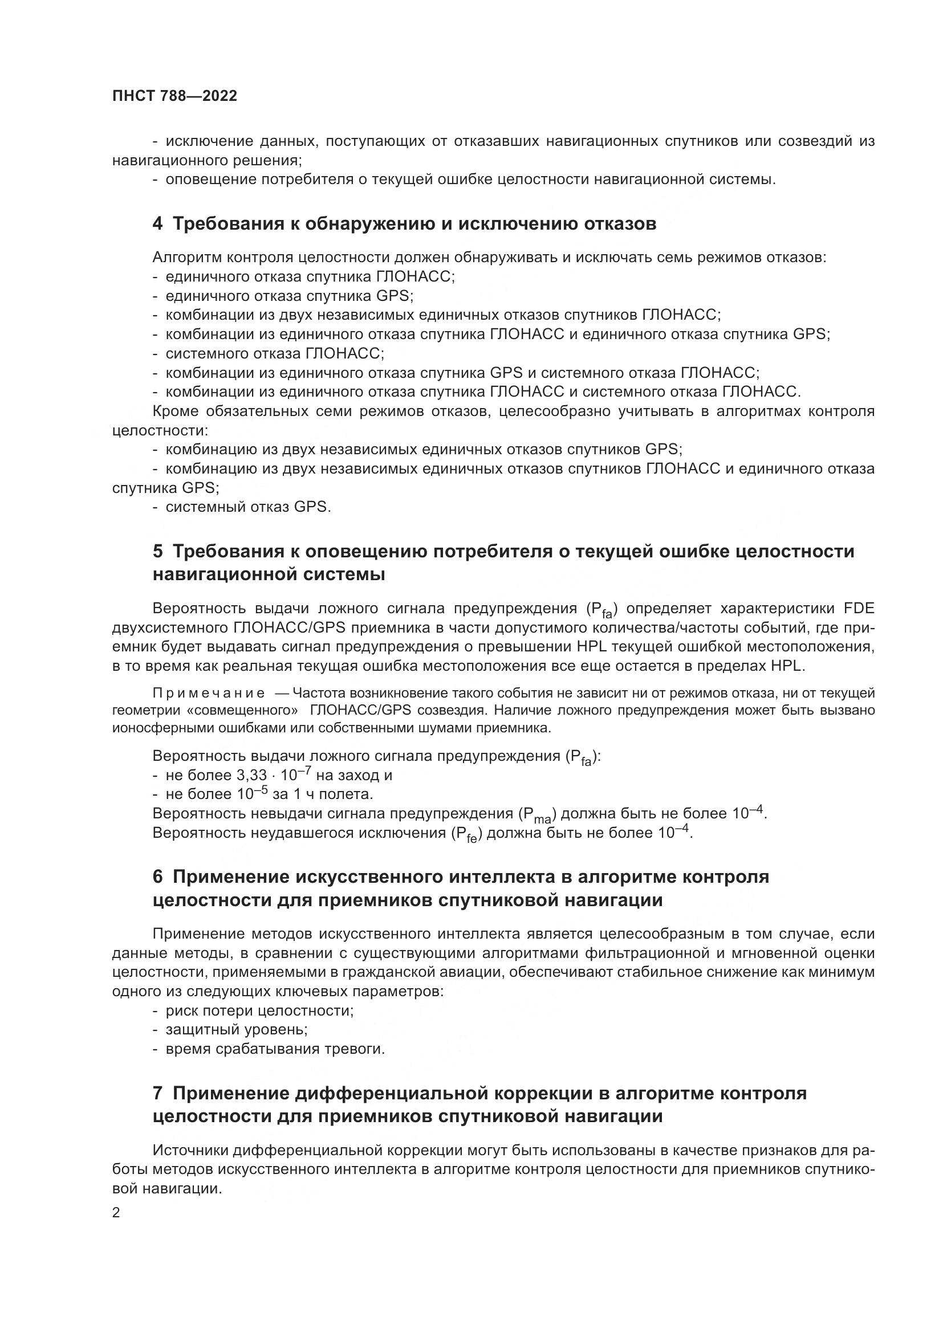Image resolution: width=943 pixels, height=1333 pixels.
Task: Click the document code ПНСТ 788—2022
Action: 175,96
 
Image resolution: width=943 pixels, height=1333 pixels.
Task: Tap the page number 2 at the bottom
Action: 116,1213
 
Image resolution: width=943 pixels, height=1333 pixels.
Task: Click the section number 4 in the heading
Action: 157,224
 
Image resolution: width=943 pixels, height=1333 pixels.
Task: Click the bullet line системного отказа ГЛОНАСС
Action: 275,353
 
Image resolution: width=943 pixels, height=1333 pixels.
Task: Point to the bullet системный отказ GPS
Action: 248,507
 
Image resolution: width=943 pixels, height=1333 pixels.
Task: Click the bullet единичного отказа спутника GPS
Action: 289,296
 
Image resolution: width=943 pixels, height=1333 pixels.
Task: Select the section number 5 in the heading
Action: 157,552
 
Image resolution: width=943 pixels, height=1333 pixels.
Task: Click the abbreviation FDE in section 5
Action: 858,609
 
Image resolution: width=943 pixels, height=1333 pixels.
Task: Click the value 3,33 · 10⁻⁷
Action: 273,775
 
